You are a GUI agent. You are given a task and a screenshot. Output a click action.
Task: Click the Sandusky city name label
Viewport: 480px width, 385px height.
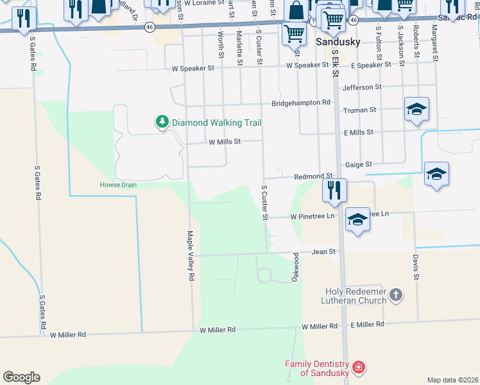click(339, 42)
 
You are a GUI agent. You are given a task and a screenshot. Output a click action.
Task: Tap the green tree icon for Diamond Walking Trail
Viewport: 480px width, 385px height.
click(162, 121)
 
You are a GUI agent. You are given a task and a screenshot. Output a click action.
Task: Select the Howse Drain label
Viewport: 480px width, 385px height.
click(118, 185)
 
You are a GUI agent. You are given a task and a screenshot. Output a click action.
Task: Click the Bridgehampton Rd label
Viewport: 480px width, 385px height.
click(300, 102)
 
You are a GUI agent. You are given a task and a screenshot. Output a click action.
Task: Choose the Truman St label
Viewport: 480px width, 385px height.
click(359, 110)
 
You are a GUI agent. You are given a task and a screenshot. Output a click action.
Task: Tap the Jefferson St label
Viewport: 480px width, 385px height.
click(362, 87)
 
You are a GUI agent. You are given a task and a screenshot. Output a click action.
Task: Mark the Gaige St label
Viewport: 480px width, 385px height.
click(359, 164)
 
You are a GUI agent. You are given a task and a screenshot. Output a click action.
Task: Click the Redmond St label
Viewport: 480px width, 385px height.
click(313, 176)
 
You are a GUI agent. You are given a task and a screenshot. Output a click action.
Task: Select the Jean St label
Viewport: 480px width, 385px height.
click(323, 252)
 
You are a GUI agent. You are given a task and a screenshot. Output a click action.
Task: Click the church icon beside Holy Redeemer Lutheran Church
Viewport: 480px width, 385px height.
click(397, 295)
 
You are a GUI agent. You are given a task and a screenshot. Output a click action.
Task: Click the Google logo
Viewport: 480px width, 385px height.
click(21, 377)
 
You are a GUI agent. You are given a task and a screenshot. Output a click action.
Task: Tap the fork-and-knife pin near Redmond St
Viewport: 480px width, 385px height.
click(334, 189)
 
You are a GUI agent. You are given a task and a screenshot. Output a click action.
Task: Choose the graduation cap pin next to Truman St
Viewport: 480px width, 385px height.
click(416, 108)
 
